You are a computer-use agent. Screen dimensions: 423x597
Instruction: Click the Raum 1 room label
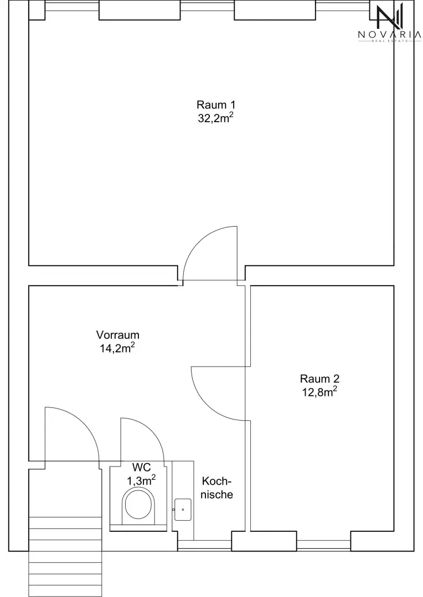pyautogui.click(x=216, y=104)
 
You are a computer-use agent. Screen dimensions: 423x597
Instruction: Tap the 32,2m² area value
pyautogui.click(x=215, y=118)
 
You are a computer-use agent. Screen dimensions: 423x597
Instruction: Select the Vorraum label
pyautogui.click(x=117, y=335)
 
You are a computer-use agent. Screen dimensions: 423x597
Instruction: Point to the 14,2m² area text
pyautogui.click(x=117, y=348)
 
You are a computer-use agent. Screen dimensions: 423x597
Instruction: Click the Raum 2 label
pyautogui.click(x=319, y=379)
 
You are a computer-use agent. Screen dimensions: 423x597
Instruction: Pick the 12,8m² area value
pyautogui.click(x=319, y=392)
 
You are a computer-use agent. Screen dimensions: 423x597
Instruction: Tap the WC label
pyautogui.click(x=142, y=467)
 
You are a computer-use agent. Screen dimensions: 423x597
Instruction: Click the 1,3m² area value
pyautogui.click(x=141, y=480)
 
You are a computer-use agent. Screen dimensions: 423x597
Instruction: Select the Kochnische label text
pyautogui.click(x=216, y=488)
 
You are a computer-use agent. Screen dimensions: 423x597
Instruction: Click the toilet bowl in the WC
pyautogui.click(x=140, y=505)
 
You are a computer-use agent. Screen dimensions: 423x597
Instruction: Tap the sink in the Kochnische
pyautogui.click(x=183, y=510)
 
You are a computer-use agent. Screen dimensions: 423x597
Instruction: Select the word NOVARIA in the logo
pyautogui.click(x=389, y=35)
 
